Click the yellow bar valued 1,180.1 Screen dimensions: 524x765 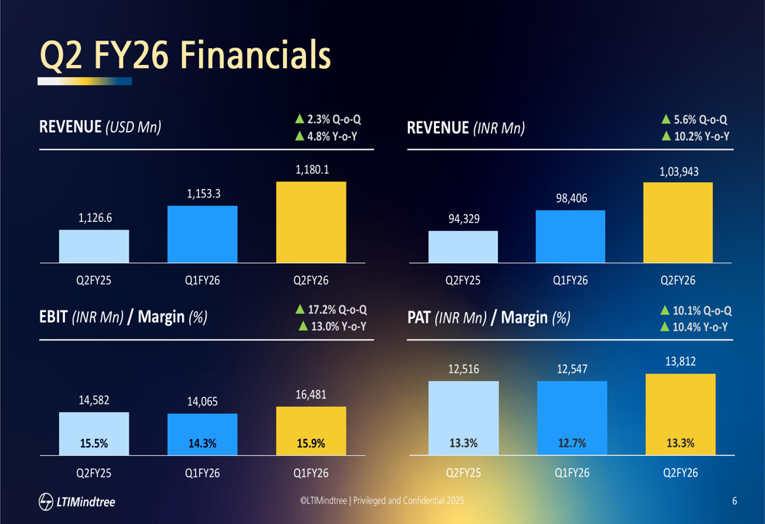tap(311, 222)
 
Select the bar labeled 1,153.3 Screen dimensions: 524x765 tap(202, 234)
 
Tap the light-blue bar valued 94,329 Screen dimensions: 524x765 tap(463, 246)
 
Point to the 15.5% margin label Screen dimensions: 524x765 tap(93, 443)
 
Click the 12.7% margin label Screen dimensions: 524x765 tap(572, 443)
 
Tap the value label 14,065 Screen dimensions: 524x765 tap(202, 402)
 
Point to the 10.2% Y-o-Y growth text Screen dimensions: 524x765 tap(701, 137)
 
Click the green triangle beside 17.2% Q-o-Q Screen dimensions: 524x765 tap(300, 310)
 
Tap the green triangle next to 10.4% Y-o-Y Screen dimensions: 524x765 tap(666, 327)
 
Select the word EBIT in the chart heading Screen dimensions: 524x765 tap(54, 317)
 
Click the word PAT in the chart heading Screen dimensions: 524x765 tap(419, 317)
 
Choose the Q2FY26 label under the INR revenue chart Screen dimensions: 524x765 tap(678, 280)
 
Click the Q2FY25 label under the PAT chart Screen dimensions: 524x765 tap(463, 474)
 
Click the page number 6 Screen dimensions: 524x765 tap(734, 501)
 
